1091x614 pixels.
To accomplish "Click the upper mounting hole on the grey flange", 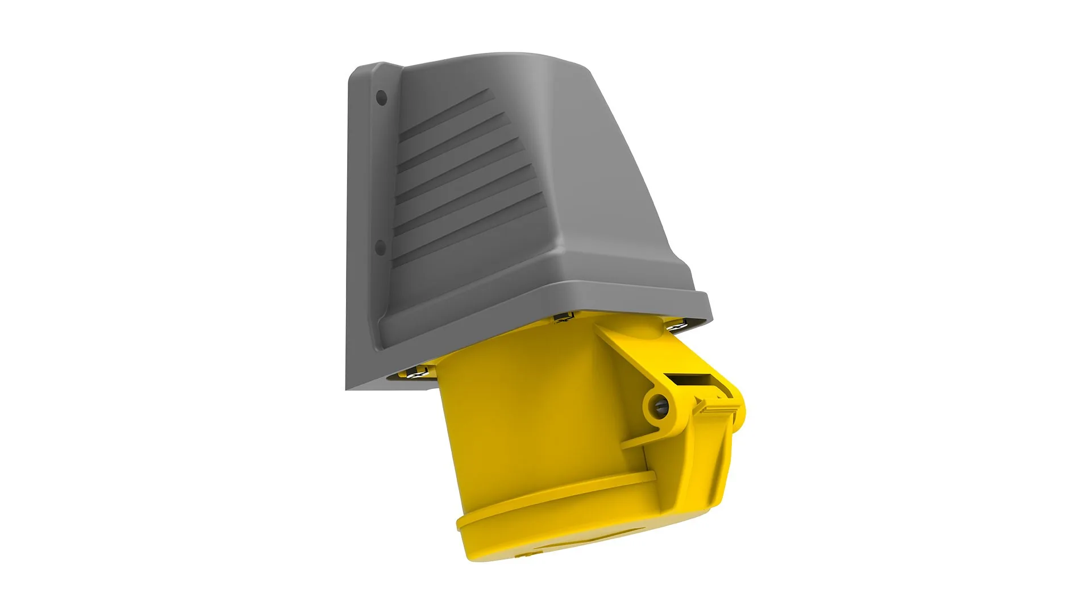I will [382, 98].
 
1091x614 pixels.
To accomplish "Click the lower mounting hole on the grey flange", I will [381, 247].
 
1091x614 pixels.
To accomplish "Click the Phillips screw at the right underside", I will [676, 327].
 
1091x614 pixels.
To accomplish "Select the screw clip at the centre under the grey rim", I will [563, 318].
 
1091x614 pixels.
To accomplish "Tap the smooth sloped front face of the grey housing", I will [614, 199].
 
